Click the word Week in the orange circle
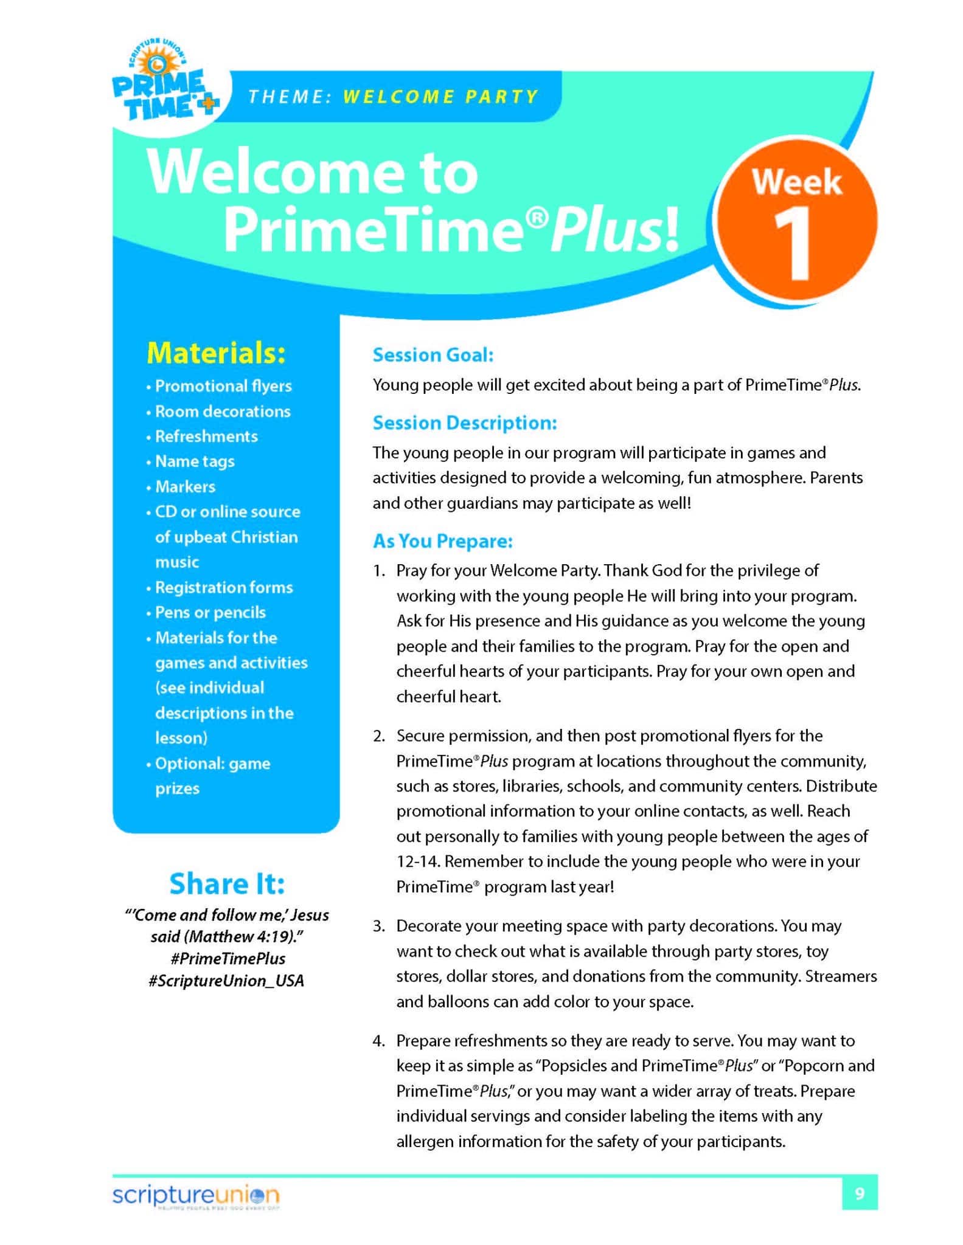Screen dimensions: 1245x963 (x=796, y=182)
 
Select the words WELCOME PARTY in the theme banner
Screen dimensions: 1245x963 (x=440, y=97)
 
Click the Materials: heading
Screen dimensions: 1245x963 (x=216, y=353)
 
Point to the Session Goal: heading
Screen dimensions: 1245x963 (x=433, y=355)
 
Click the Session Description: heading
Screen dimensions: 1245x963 (x=464, y=422)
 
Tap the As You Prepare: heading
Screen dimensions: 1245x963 (x=442, y=541)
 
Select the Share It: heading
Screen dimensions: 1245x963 (x=227, y=884)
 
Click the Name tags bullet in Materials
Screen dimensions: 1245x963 (x=195, y=461)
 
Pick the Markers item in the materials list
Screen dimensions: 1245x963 (x=185, y=487)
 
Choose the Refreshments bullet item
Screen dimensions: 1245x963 (x=206, y=436)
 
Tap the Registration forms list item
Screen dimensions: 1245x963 (x=224, y=588)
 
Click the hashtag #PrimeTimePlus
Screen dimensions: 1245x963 (x=228, y=959)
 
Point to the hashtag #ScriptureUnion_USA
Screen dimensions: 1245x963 (x=226, y=981)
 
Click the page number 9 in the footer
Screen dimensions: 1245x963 (x=859, y=1194)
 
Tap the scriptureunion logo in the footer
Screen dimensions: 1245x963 (x=195, y=1195)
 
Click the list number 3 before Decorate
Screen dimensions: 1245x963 (x=378, y=926)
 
